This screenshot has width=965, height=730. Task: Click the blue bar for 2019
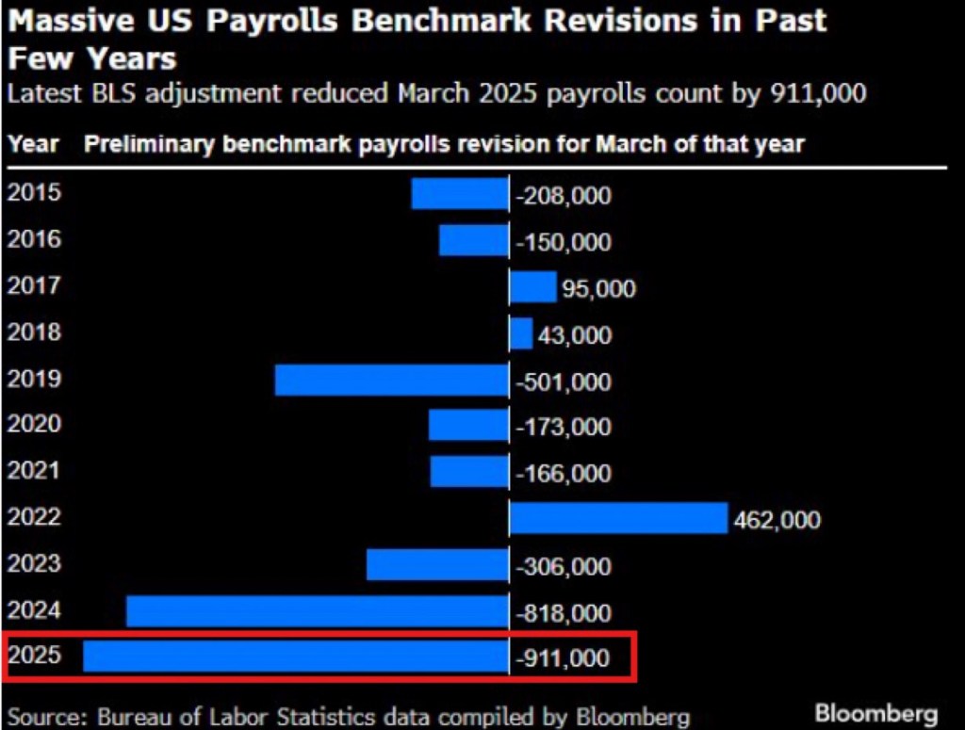(x=391, y=381)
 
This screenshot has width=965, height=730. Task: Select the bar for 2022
(x=618, y=518)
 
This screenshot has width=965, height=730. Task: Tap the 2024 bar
(x=318, y=611)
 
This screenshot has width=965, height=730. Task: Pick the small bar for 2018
(x=521, y=333)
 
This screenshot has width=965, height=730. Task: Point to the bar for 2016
(x=473, y=240)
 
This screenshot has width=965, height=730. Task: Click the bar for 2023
(x=437, y=565)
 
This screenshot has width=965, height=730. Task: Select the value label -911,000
(x=564, y=658)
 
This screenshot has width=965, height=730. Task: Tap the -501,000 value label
(x=564, y=382)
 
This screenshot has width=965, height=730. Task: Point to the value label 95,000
(x=597, y=289)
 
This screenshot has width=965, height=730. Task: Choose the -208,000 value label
(x=564, y=196)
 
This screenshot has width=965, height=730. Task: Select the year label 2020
(x=34, y=425)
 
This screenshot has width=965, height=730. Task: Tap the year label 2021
(x=34, y=471)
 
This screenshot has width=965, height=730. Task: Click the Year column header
(x=33, y=144)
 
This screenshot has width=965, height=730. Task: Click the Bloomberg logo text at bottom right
(x=876, y=712)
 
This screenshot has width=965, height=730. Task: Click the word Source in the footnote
(x=43, y=716)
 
